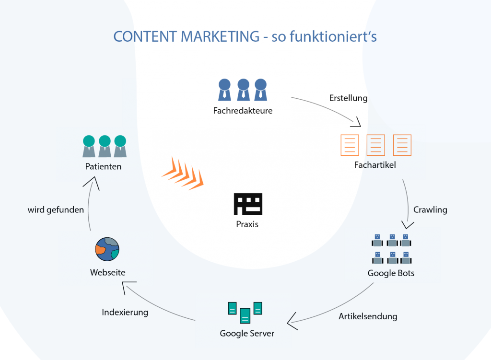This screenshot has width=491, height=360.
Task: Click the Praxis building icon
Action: (x=248, y=204)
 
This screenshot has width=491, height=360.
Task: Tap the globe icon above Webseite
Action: (x=107, y=249)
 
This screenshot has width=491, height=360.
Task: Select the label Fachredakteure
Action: (x=243, y=111)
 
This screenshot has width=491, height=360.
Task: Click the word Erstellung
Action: (x=349, y=98)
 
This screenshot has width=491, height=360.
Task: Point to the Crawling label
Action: (x=430, y=209)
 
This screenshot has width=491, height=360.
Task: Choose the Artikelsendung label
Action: (x=368, y=316)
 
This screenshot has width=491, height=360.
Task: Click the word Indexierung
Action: (x=125, y=313)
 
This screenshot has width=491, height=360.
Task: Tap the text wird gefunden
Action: (x=56, y=210)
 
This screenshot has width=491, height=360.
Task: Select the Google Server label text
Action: (x=247, y=333)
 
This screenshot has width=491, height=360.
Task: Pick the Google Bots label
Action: (x=391, y=273)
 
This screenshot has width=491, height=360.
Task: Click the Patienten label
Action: (x=103, y=167)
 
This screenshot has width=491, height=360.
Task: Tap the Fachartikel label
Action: (x=375, y=165)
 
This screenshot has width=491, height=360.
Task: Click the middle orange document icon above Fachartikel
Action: (x=375, y=145)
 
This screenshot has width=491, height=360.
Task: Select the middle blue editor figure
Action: (x=243, y=89)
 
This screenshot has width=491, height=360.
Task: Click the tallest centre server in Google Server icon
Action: (x=245, y=315)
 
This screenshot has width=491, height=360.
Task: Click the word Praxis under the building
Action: (x=247, y=224)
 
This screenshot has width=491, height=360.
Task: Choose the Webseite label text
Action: (x=107, y=272)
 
